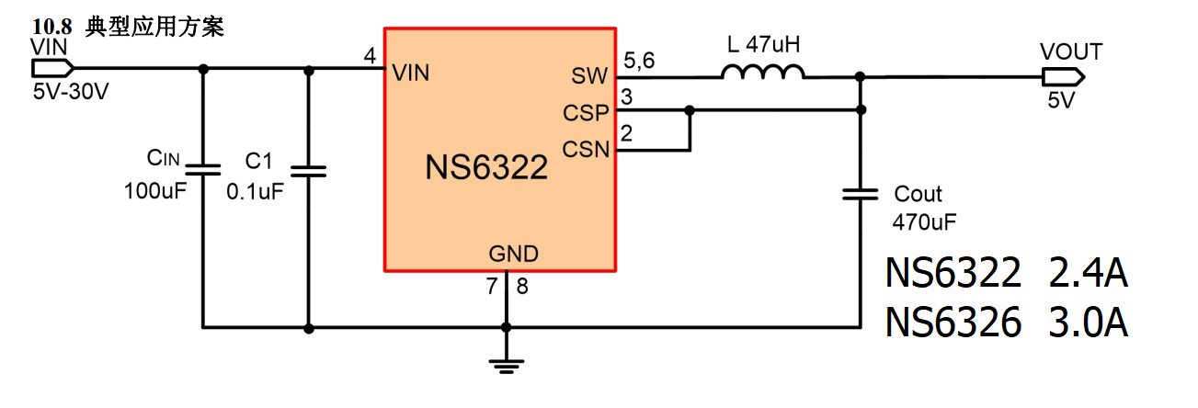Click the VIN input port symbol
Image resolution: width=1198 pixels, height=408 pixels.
click(51, 68)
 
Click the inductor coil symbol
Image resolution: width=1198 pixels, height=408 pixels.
click(763, 73)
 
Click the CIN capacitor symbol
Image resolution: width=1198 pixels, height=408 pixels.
click(202, 170)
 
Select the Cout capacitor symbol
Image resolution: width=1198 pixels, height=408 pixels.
click(861, 194)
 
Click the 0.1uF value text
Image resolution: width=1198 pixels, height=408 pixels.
click(255, 192)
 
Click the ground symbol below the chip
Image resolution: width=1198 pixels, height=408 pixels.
click(505, 364)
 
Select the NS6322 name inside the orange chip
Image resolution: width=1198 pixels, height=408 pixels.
click(486, 168)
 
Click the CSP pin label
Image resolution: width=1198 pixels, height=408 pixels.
click(586, 112)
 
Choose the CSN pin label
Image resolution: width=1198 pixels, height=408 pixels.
click(586, 147)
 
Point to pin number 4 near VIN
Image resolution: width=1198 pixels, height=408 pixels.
click(370, 57)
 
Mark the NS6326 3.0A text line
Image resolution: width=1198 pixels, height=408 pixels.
click(1007, 323)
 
